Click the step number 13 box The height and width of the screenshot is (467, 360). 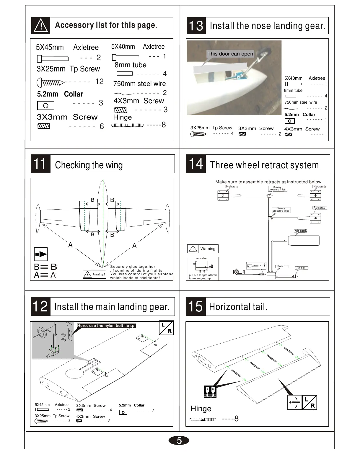[x=196, y=26]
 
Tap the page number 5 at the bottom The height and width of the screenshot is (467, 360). [x=179, y=440]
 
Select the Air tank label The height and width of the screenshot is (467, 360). [x=301, y=231]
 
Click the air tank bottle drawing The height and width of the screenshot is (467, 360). [x=304, y=241]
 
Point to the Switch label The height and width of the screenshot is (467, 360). [x=281, y=266]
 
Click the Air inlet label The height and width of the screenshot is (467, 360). [x=301, y=268]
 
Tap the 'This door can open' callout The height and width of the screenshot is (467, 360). [x=230, y=54]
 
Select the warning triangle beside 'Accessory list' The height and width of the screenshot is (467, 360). [x=41, y=26]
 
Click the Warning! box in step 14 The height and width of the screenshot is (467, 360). [x=203, y=249]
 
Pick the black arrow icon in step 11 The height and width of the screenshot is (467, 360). [x=41, y=254]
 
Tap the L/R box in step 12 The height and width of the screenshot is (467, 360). [x=166, y=328]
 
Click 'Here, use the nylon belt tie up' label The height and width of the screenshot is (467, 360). [x=106, y=326]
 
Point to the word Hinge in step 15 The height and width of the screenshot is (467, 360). [x=201, y=409]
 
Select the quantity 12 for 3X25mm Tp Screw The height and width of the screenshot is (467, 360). [x=100, y=81]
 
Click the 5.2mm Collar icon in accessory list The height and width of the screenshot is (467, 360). [x=45, y=105]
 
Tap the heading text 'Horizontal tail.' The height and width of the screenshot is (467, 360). [x=238, y=307]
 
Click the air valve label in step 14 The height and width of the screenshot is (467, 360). [x=201, y=258]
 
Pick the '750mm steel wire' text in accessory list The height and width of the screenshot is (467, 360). [x=139, y=84]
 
